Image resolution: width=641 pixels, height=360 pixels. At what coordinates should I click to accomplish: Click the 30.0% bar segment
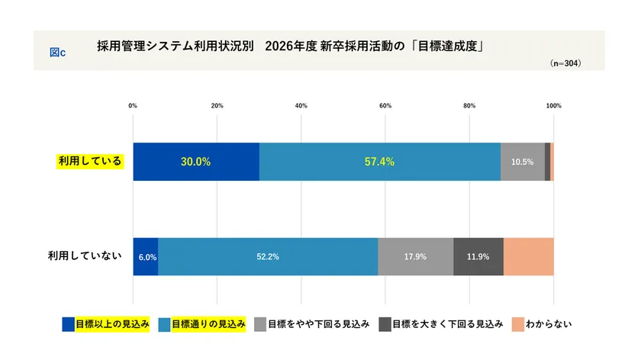196,162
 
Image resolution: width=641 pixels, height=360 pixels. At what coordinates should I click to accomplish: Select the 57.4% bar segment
379,162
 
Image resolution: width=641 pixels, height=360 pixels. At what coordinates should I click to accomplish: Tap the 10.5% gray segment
522,162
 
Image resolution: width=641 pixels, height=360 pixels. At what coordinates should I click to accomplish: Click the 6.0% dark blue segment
146,257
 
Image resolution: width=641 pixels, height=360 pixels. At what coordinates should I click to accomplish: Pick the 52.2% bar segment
268,257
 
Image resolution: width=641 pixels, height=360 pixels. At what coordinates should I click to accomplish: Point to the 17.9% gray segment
415,257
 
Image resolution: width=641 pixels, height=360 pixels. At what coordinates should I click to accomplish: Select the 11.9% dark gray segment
478,257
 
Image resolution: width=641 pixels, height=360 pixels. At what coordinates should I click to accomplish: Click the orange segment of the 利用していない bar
528,257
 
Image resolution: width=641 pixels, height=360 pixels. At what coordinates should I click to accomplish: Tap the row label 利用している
89,161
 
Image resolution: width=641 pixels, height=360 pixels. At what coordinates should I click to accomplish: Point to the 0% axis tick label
133,105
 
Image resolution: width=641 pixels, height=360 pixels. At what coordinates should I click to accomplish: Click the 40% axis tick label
301,105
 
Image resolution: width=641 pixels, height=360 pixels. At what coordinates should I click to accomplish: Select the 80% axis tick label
469,105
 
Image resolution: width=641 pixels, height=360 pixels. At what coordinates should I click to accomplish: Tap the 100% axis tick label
553,105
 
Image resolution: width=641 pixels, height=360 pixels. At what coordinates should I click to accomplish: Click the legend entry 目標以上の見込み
112,324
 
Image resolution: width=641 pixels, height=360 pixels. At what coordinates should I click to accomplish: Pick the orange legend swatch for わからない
519,324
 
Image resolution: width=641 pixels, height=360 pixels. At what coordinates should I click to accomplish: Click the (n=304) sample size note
565,64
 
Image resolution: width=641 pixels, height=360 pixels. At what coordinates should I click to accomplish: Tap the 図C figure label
57,52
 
